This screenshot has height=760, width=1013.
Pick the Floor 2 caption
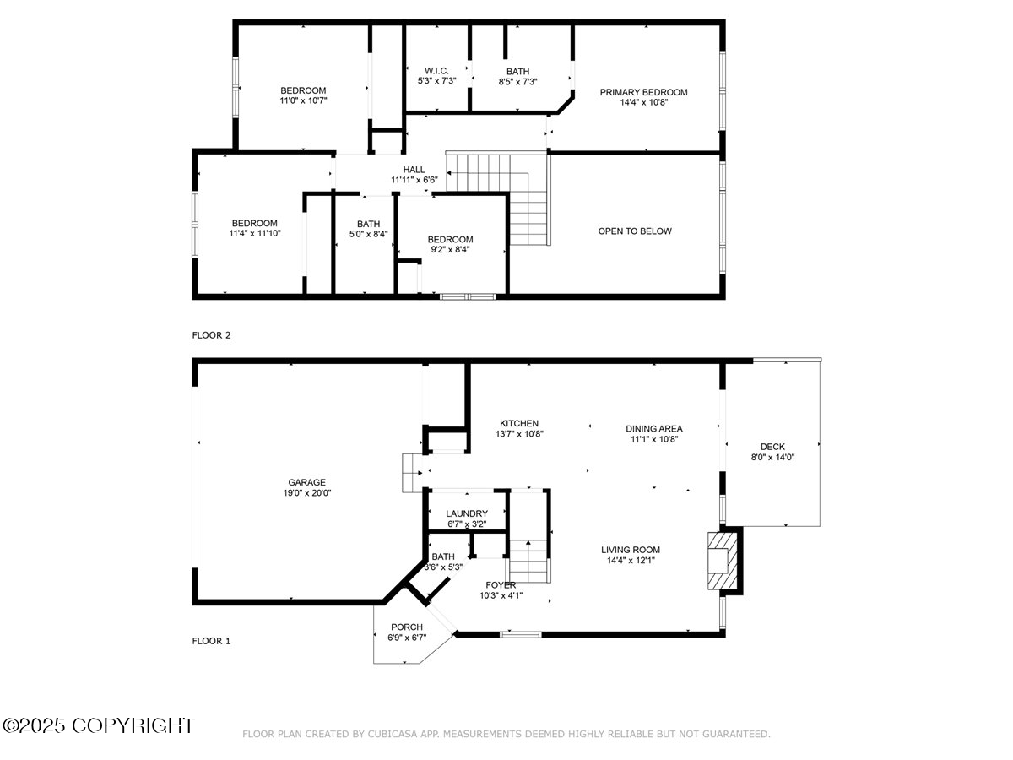(211, 335)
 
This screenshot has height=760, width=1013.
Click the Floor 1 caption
(211, 641)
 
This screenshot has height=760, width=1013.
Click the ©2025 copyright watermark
(97, 725)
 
